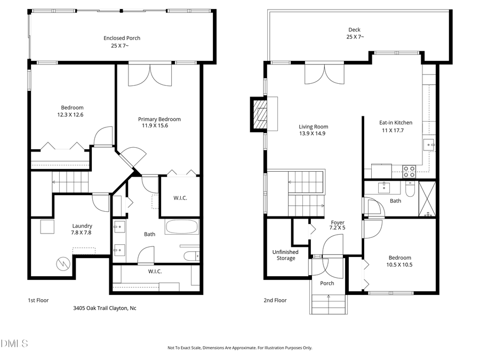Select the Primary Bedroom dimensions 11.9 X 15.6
(x=159, y=126)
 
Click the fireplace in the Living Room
(x=260, y=114)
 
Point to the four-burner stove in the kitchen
(x=409, y=172)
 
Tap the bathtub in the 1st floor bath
(x=181, y=227)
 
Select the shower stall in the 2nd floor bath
(x=427, y=198)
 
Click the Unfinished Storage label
(x=285, y=255)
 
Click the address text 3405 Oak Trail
(x=105, y=308)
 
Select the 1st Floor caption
(x=38, y=300)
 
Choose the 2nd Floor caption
(x=275, y=300)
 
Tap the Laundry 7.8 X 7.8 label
(x=83, y=229)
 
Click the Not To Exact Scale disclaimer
(x=240, y=348)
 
